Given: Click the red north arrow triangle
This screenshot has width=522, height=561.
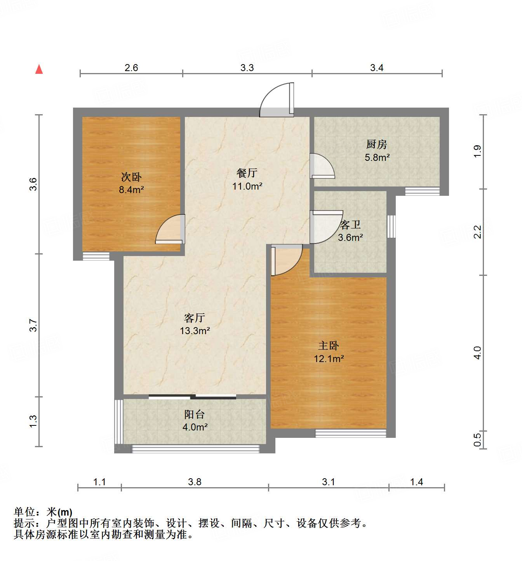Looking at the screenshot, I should [39, 69].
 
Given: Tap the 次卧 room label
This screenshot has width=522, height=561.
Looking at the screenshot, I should [131, 177].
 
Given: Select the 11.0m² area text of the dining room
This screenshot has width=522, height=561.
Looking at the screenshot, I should [247, 186].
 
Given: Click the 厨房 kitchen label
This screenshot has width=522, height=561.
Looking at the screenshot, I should [377, 145].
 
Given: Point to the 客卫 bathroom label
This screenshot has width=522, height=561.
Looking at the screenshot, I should [350, 225].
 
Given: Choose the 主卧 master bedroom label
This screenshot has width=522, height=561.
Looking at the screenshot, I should [329, 345].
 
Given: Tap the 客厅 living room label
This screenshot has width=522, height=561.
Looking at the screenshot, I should [195, 318].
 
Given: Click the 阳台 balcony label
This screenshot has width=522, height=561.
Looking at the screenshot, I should [194, 414].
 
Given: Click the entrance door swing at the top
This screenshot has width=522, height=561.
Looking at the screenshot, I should [277, 100].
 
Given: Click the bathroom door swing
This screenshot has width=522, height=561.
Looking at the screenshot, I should [325, 227].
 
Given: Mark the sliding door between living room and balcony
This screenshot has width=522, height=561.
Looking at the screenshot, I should [192, 397].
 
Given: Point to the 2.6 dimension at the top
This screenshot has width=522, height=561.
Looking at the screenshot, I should [131, 68].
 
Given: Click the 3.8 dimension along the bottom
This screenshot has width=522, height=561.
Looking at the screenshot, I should [195, 482].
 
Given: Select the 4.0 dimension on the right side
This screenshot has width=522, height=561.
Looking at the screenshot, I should [478, 353].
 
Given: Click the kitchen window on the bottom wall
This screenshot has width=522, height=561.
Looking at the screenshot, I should [422, 191].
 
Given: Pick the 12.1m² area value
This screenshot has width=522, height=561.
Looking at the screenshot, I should [329, 359].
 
